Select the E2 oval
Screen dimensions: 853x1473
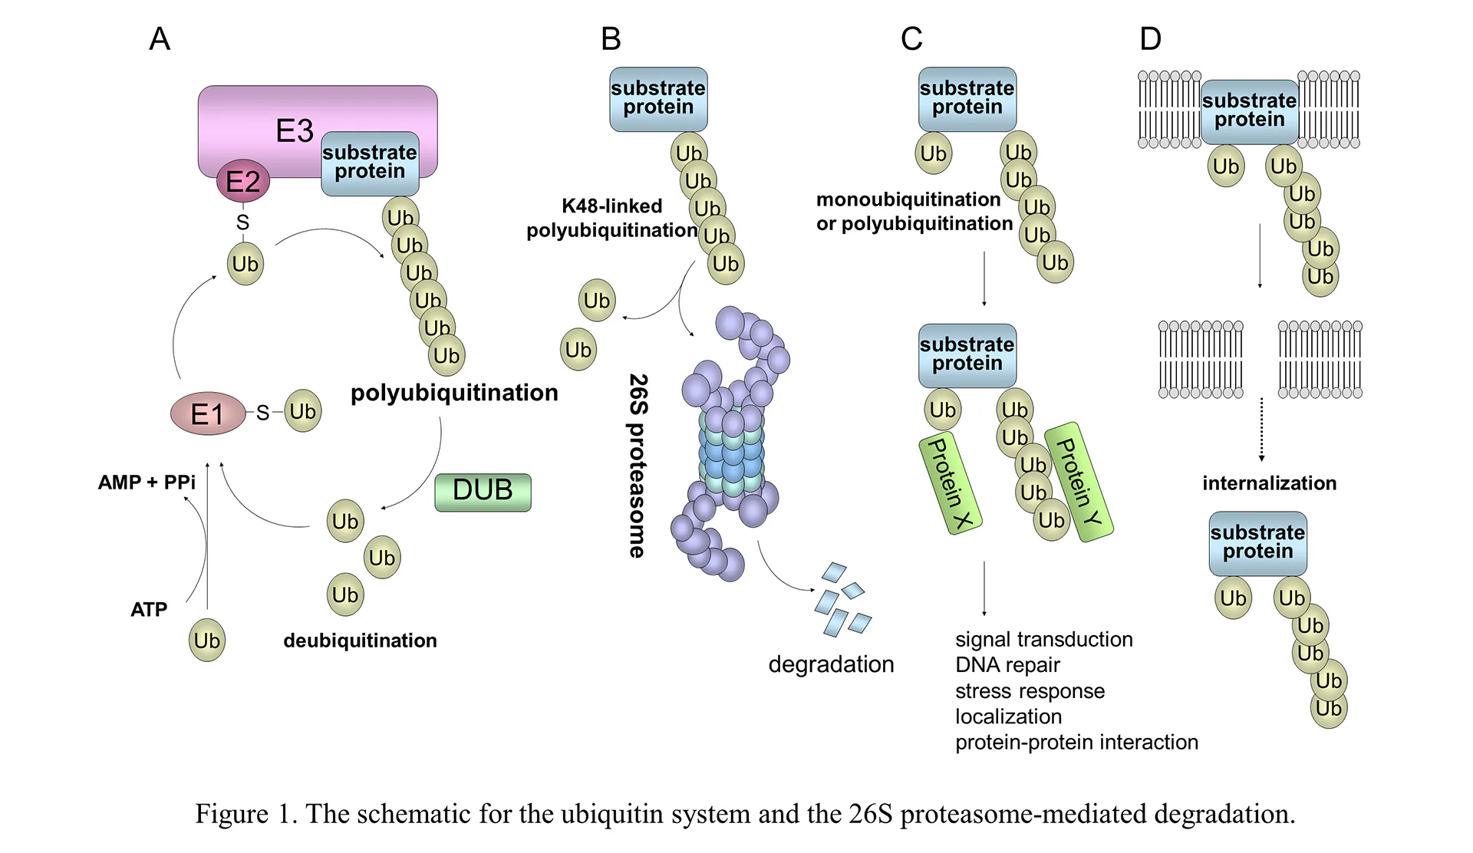[x=242, y=181]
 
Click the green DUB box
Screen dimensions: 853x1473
[x=483, y=492]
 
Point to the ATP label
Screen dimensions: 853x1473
[x=149, y=610]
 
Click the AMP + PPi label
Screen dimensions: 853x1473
[x=147, y=482]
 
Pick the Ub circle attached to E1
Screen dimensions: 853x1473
[x=303, y=411]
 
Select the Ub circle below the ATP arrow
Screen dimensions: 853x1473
[x=207, y=641]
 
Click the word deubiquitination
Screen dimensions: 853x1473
[x=360, y=641]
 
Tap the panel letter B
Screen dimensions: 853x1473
[x=611, y=39]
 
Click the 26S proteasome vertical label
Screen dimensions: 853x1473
[x=638, y=466]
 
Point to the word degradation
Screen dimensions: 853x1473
[x=831, y=664]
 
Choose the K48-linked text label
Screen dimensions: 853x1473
[x=611, y=206]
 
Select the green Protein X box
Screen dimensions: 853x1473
[x=950, y=483]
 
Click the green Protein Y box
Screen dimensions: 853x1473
[x=1079, y=482]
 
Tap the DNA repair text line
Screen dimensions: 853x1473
[x=1007, y=665]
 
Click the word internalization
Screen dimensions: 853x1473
[x=1269, y=483]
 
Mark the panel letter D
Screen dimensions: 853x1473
[x=1150, y=39]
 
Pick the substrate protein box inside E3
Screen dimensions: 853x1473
[x=370, y=163]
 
